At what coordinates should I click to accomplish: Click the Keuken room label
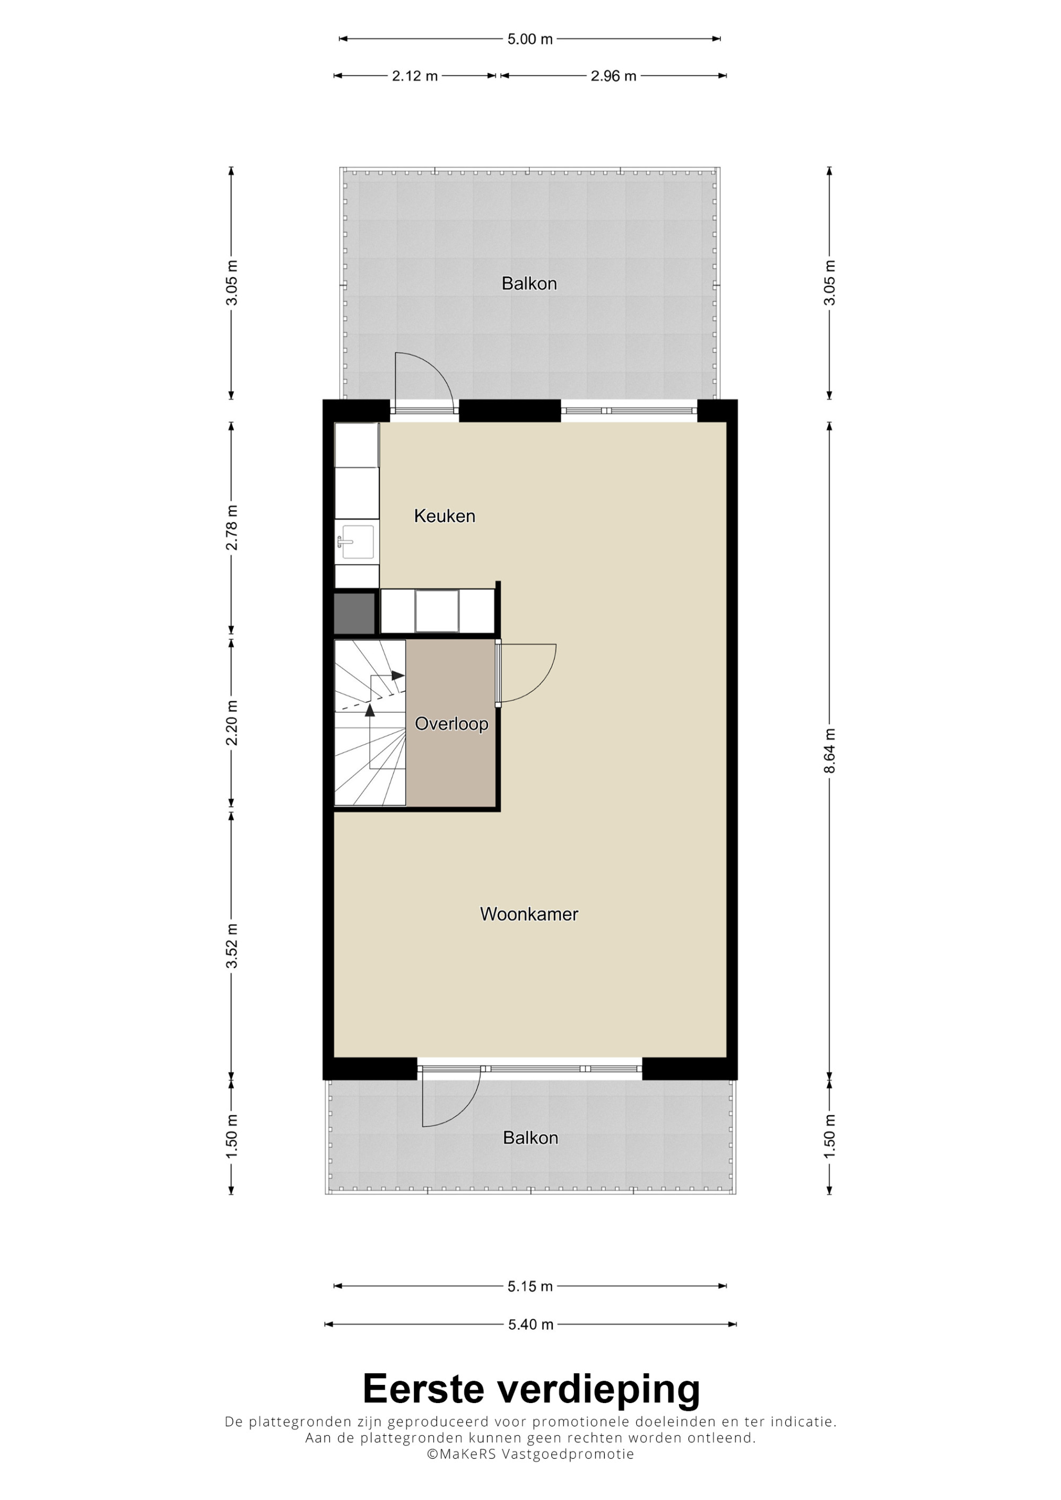[x=445, y=516]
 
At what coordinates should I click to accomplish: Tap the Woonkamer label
[x=529, y=914]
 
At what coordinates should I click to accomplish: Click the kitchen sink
[x=356, y=542]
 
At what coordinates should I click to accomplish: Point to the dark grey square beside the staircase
[x=354, y=613]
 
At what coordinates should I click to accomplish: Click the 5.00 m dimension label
[x=530, y=39]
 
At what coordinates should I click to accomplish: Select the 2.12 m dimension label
[x=414, y=76]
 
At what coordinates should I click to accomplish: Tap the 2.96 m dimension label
[x=613, y=76]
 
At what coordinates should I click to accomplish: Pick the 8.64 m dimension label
[x=830, y=751]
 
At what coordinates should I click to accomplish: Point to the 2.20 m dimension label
[x=231, y=722]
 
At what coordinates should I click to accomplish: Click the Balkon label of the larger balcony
[x=529, y=284]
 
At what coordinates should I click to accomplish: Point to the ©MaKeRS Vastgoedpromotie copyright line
[x=530, y=1467]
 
